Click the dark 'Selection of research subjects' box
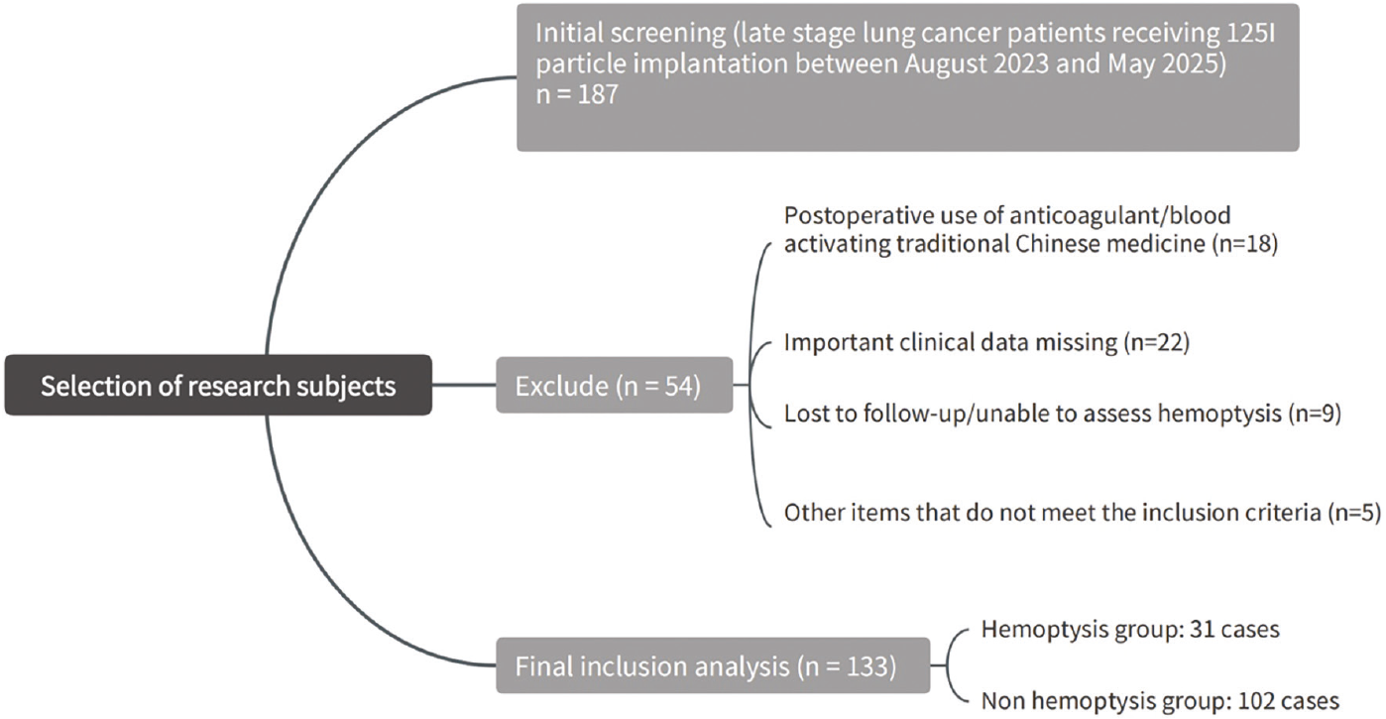218,385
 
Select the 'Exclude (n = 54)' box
615,385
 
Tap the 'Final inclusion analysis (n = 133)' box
713,665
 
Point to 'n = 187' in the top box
577,94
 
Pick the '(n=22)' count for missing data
1156,342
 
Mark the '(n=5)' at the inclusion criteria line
1354,513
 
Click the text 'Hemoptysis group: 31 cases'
1130,630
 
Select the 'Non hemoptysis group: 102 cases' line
1160,701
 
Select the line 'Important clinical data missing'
951,342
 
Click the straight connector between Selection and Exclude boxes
464,385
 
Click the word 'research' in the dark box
238,386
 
